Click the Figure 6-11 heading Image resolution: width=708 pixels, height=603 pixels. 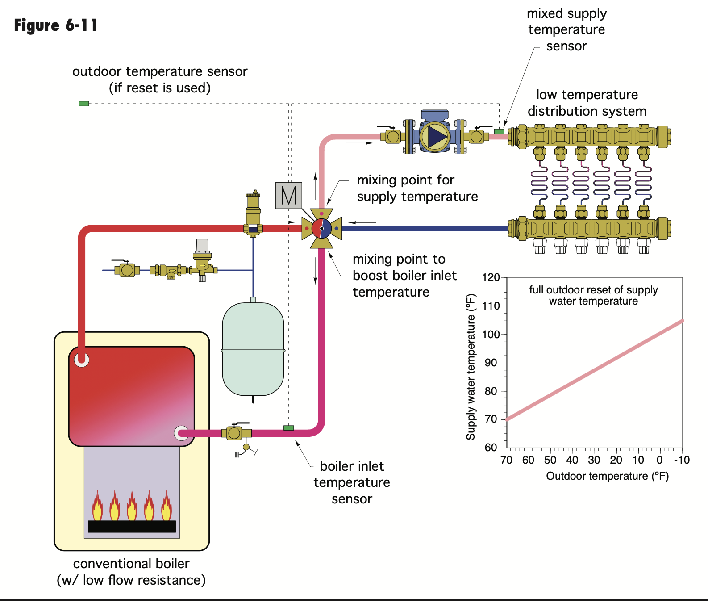click(56, 25)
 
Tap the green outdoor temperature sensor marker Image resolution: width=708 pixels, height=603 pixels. click(84, 104)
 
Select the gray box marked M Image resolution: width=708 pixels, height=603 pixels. click(288, 196)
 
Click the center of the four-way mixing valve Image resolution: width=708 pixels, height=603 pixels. click(321, 228)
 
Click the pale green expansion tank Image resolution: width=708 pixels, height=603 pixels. click(253, 349)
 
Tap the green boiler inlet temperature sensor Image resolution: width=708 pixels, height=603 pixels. click(289, 428)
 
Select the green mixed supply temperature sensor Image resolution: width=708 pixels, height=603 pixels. click(499, 131)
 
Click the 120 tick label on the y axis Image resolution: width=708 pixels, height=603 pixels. click(491, 277)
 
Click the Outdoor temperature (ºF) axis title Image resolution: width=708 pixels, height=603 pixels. click(607, 476)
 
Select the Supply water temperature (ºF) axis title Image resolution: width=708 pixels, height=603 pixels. click(471, 367)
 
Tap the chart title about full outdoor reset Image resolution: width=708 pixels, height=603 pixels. click(593, 295)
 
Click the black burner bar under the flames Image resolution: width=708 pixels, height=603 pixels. click(132, 526)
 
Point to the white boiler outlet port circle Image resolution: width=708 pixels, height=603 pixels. click(82, 359)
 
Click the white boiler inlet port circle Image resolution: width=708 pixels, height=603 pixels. click(181, 432)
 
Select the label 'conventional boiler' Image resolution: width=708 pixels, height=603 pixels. click(131, 564)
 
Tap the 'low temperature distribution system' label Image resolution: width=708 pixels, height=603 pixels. click(587, 103)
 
